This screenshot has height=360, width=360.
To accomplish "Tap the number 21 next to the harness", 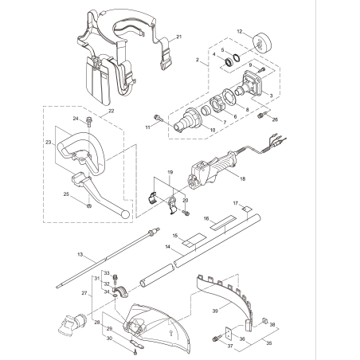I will coord(179,37).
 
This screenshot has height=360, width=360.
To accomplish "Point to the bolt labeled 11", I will coord(158,120).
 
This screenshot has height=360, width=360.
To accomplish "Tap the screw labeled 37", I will coord(216,339).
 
